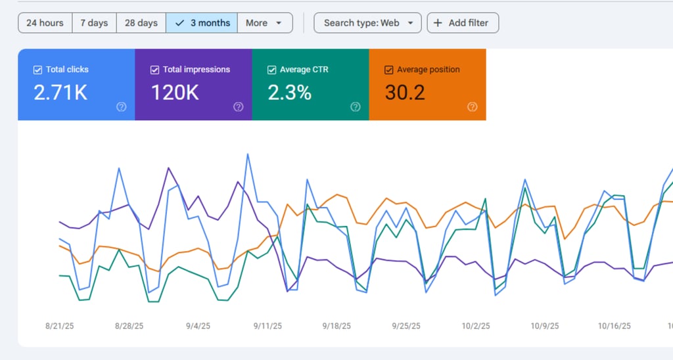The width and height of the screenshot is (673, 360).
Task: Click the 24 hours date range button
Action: coord(45,23)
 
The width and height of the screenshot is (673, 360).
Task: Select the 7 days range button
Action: coord(94,23)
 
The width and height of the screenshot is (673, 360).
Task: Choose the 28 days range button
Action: coord(141,23)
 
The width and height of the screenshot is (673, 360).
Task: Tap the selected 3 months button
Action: coord(202,23)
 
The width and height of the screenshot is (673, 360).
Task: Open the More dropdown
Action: coord(264,23)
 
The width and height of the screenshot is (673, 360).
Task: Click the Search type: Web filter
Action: coord(367,23)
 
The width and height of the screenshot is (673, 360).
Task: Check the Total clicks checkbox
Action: coord(37,70)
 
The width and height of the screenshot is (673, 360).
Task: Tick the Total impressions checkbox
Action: coord(154,70)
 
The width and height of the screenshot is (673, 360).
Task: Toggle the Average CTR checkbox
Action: coord(271,70)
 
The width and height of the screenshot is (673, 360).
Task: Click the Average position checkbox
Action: coord(388,70)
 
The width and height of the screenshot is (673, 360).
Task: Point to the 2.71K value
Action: coord(60,93)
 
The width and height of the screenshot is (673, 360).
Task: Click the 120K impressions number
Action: coord(175,93)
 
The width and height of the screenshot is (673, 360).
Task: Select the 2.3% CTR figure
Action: coord(289,93)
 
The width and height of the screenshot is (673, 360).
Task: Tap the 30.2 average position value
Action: coord(405,93)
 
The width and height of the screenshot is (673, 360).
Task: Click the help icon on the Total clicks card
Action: coord(121,107)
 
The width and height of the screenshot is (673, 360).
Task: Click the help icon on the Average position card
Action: coord(472,107)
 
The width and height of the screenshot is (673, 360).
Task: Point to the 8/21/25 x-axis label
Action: coord(59,326)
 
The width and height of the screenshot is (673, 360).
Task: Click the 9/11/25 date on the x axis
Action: coord(267,326)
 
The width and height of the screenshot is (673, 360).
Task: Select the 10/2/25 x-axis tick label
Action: coord(476,326)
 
